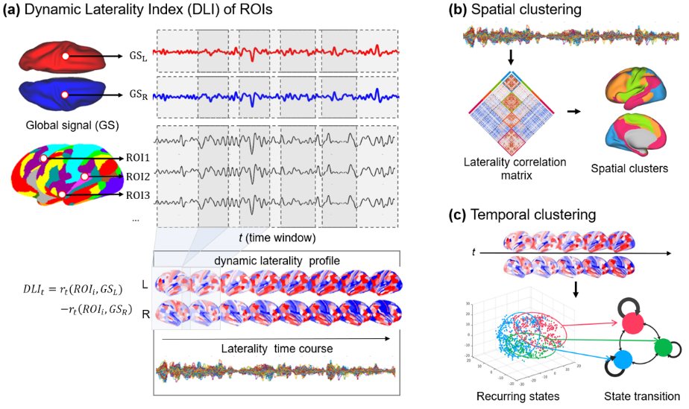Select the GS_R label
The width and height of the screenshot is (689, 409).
(134, 95)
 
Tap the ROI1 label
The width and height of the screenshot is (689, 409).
(135, 158)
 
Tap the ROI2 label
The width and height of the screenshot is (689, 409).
(135, 177)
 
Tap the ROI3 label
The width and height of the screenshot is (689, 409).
(135, 195)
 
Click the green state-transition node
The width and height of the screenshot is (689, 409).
(661, 347)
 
